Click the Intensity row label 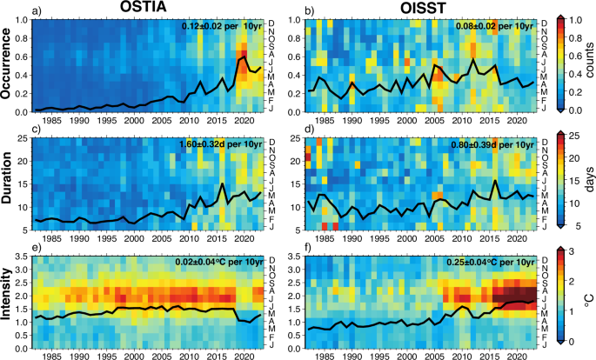(x=10, y=301)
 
